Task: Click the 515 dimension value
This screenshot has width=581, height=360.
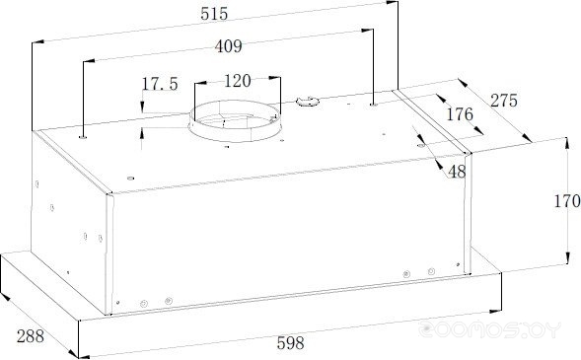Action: pyautogui.click(x=214, y=14)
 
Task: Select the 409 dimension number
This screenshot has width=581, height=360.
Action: pyautogui.click(x=228, y=46)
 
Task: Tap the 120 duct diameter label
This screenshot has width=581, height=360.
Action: pyautogui.click(x=238, y=81)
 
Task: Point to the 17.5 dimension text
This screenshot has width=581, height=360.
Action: pyautogui.click(x=160, y=84)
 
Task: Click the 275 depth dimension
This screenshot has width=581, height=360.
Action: pyautogui.click(x=504, y=101)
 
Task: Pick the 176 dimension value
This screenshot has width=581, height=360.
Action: pyautogui.click(x=460, y=114)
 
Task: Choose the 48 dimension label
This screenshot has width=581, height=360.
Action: pyautogui.click(x=457, y=172)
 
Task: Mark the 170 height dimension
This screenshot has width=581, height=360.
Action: pyautogui.click(x=567, y=201)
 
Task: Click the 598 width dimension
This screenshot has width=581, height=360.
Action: pyautogui.click(x=290, y=343)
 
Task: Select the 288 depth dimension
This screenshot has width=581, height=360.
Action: pyautogui.click(x=31, y=336)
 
